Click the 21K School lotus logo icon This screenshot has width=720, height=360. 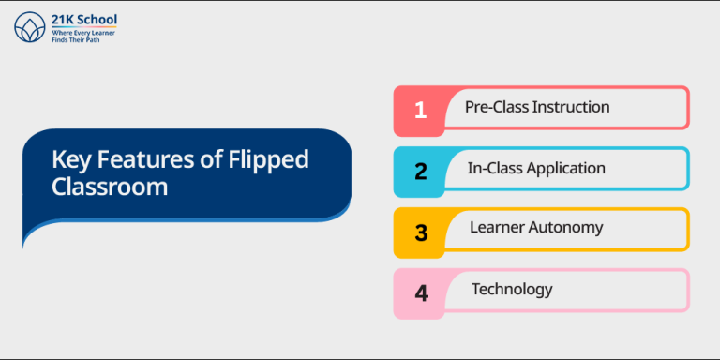(29, 28)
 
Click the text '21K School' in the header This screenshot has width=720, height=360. (84, 20)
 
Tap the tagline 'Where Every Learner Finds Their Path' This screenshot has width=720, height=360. (83, 37)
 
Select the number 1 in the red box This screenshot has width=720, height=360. (420, 110)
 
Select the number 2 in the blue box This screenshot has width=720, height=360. (421, 171)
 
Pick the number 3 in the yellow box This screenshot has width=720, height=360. (421, 232)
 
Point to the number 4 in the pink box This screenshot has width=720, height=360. (421, 292)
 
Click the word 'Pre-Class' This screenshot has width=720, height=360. (497, 107)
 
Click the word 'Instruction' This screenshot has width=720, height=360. (571, 107)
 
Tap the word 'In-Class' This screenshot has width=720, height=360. (495, 169)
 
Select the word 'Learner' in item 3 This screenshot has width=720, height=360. (497, 228)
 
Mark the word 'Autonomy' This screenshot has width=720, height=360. (566, 228)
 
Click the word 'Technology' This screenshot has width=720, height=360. (512, 289)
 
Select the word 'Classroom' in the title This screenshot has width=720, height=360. (110, 187)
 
